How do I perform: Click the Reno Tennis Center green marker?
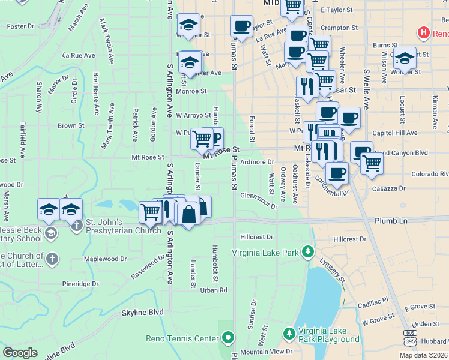coord(228,338)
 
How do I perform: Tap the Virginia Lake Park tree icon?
coord(308,250)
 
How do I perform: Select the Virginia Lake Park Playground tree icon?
coord(289,332)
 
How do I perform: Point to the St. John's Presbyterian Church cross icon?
coord(76,226)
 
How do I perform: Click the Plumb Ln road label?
coord(391,221)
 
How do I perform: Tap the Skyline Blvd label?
coord(142,312)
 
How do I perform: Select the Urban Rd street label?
coord(214,290)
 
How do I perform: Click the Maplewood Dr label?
coord(106,259)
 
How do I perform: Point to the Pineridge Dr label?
coord(80,284)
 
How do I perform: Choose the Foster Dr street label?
coord(20,26)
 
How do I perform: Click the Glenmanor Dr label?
coord(259,200)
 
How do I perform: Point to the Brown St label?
coord(71,126)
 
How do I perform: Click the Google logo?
coord(20,353)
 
